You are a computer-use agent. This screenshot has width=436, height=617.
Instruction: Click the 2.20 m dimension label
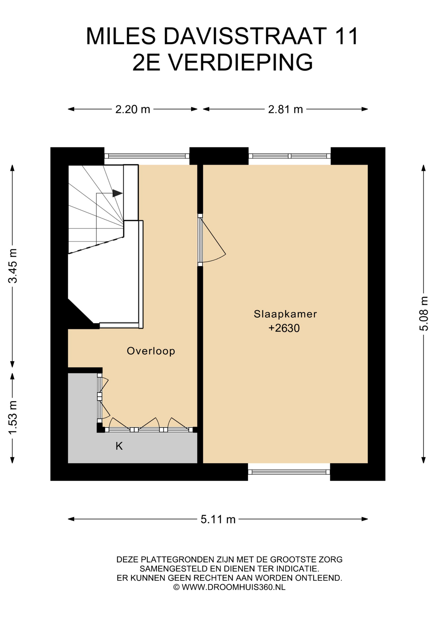[133, 110]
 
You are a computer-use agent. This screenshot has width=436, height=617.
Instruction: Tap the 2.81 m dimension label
[285, 110]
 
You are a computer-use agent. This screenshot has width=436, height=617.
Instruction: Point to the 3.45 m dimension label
[13, 266]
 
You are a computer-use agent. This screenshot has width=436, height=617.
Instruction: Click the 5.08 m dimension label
[424, 314]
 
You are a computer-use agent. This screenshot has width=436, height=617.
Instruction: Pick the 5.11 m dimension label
[218, 519]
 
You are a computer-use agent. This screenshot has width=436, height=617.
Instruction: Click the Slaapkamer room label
[285, 314]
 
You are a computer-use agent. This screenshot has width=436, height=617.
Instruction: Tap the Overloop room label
[151, 351]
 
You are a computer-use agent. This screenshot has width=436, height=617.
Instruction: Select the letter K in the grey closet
[119, 446]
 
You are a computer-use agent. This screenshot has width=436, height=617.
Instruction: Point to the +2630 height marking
[284, 328]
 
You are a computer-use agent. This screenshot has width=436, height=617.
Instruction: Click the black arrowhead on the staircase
[118, 193]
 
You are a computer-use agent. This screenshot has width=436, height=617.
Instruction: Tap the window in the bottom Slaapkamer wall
[289, 472]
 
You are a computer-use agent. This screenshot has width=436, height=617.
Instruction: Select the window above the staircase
[147, 156]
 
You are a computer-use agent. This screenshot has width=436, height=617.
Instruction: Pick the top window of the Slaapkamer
[290, 156]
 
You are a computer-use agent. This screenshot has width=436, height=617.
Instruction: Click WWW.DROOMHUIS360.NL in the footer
[233, 587]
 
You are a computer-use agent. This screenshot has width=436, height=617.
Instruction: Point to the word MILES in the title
[121, 36]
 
